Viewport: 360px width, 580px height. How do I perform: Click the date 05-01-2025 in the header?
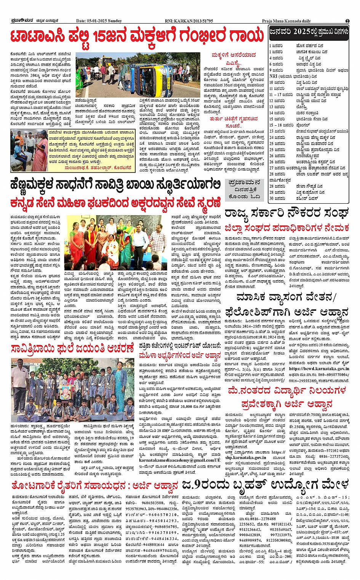coord(97,21)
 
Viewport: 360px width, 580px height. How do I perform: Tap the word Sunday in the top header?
coord(115,21)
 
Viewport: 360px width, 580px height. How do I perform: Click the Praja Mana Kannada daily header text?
coord(286,21)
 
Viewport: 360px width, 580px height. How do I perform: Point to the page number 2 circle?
coord(347,21)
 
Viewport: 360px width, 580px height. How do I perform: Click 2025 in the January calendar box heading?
coord(301,32)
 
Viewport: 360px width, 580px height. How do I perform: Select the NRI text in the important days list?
coord(273,76)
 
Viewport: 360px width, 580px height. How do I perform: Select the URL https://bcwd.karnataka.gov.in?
coord(318,369)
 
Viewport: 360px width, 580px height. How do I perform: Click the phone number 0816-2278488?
coord(263,519)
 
